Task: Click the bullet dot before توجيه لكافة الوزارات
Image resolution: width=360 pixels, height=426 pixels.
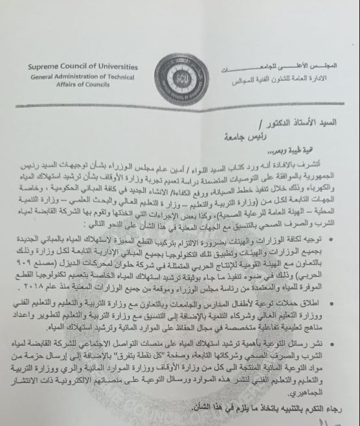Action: (349, 241)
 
